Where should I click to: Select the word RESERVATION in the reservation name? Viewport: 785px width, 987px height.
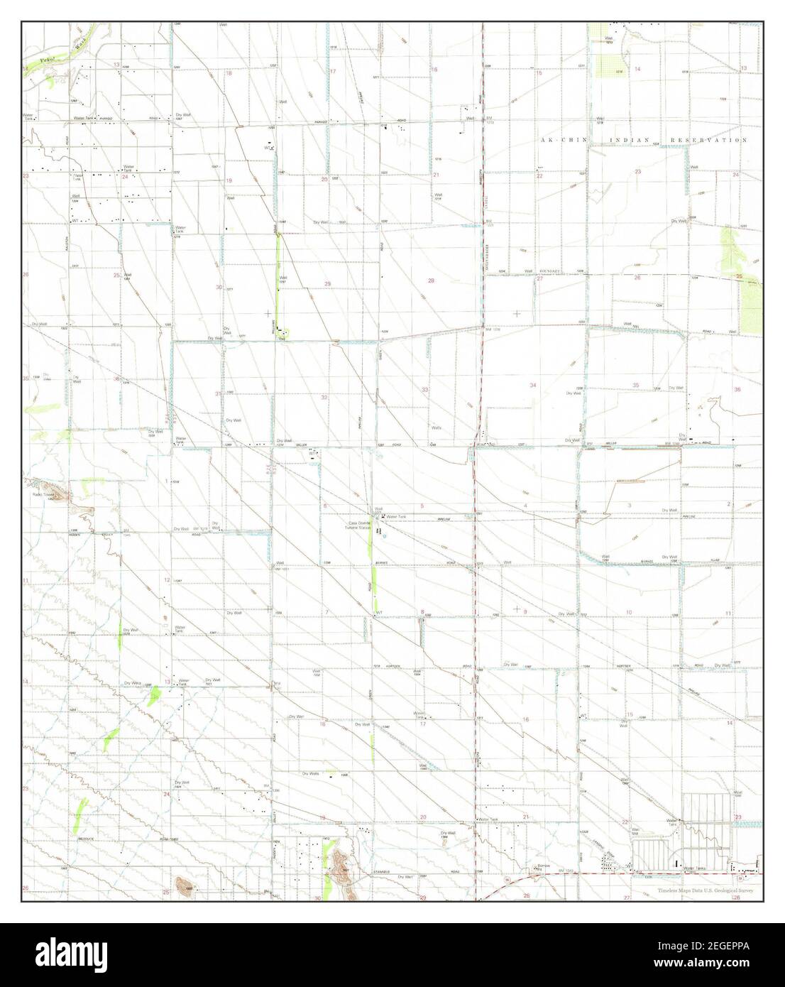pyautogui.click(x=710, y=141)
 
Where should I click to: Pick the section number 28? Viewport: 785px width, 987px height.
pyautogui.click(x=431, y=281)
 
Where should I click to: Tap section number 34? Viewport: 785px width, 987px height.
pyautogui.click(x=532, y=385)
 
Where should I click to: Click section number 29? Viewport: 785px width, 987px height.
pyautogui.click(x=328, y=284)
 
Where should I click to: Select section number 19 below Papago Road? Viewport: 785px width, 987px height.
pyautogui.click(x=229, y=180)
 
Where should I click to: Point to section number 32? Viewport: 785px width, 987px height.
pyautogui.click(x=324, y=398)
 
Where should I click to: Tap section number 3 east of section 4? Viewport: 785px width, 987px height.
pyautogui.click(x=630, y=504)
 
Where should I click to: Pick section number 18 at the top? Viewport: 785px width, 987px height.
pyautogui.click(x=229, y=73)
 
